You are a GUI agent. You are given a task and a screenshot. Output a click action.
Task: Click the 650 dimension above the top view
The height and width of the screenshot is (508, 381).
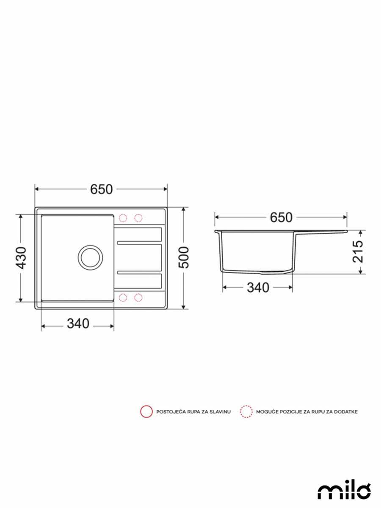click(101, 190)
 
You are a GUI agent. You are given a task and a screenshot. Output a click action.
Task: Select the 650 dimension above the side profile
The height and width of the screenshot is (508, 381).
click(281, 217)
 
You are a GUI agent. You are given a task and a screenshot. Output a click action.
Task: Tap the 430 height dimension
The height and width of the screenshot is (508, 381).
click(21, 258)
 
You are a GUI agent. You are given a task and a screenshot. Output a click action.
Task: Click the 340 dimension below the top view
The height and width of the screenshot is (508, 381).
click(78, 324)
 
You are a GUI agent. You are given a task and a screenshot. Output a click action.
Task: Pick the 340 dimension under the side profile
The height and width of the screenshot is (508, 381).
click(258, 288)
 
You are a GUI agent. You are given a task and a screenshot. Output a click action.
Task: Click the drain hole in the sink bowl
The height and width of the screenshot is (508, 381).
click(90, 257)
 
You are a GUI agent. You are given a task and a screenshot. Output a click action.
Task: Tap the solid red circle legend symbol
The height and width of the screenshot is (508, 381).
click(146, 411)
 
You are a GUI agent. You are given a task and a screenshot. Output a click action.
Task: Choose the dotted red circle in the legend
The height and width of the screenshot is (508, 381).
click(246, 411)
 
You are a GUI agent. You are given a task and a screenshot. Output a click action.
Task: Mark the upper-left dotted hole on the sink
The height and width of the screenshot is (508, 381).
click(123, 218)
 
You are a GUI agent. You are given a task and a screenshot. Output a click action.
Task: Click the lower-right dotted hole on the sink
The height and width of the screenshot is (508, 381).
click(138, 298)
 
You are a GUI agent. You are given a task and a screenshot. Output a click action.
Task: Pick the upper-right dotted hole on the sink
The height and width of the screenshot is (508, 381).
click(138, 218)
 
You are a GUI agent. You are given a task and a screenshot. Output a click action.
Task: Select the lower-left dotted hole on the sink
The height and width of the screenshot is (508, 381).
click(123, 298)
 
